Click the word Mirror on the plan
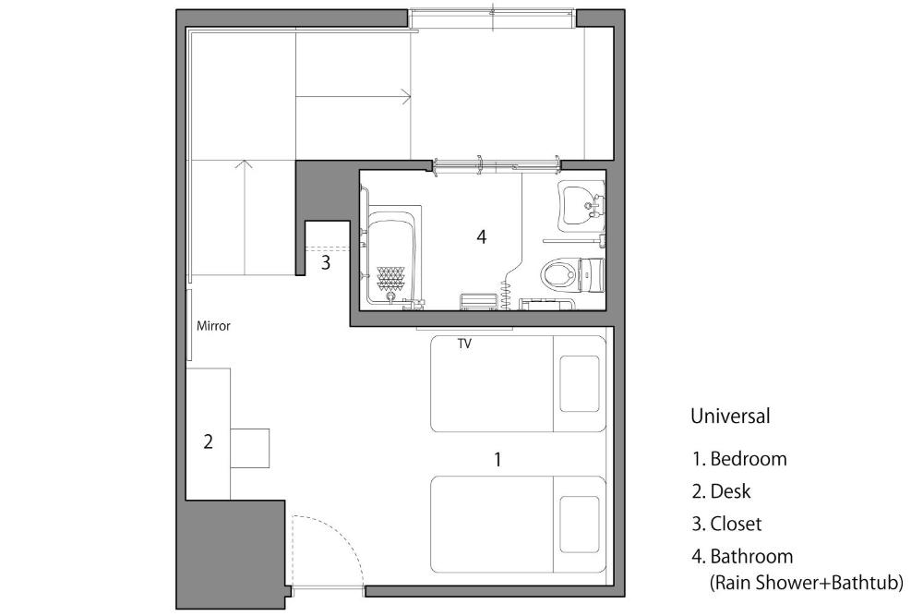[x=213, y=326]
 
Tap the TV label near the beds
[x=464, y=344]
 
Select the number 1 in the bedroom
[x=498, y=459]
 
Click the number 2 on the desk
[x=208, y=441]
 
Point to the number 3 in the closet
[x=326, y=262]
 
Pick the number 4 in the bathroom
[x=482, y=236]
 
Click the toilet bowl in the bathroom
[x=558, y=274]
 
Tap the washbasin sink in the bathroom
[x=581, y=206]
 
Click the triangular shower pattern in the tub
[x=390, y=279]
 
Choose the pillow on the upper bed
[x=580, y=384]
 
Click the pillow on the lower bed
[x=580, y=525]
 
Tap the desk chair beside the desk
[x=249, y=448]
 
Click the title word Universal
[x=730, y=417]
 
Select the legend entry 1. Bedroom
[x=739, y=459]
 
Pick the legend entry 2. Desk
[x=721, y=491]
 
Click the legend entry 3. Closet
[x=726, y=524]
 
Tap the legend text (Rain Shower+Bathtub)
[x=806, y=583]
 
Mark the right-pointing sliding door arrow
[x=354, y=96]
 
